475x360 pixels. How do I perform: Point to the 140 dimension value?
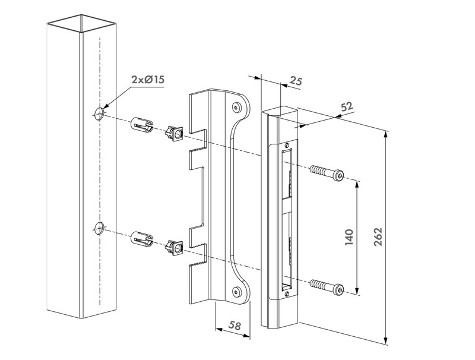[349, 237]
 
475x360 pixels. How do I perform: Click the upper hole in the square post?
[99, 113]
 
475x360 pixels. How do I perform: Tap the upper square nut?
[174, 131]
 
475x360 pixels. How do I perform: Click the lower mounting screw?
[327, 288]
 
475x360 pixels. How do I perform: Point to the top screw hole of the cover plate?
[237, 108]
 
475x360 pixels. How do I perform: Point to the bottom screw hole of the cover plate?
[237, 291]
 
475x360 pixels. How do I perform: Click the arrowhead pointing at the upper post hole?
[106, 108]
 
